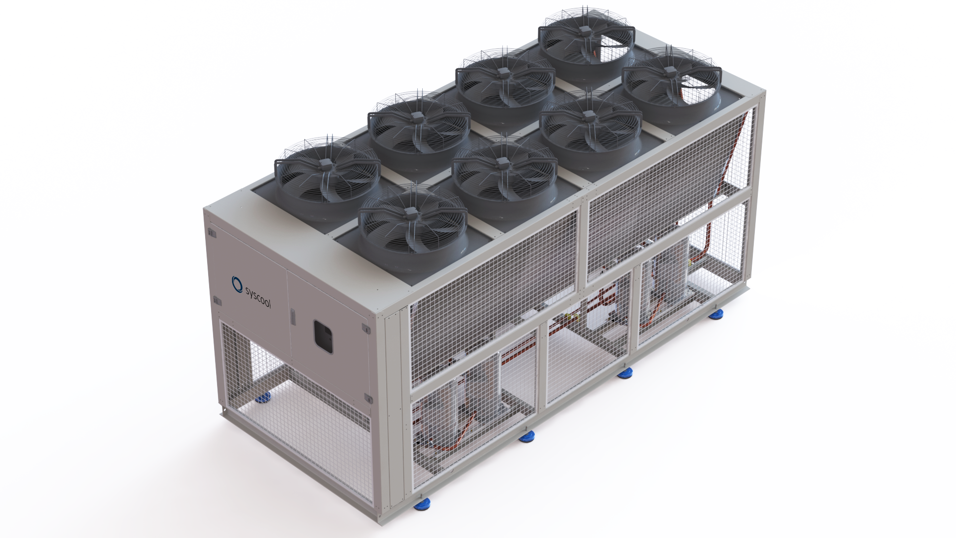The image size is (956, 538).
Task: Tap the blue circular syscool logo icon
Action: tap(237, 281)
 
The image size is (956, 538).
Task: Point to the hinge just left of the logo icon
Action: tap(217, 300)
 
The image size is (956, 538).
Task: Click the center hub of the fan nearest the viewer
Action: tap(411, 213)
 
